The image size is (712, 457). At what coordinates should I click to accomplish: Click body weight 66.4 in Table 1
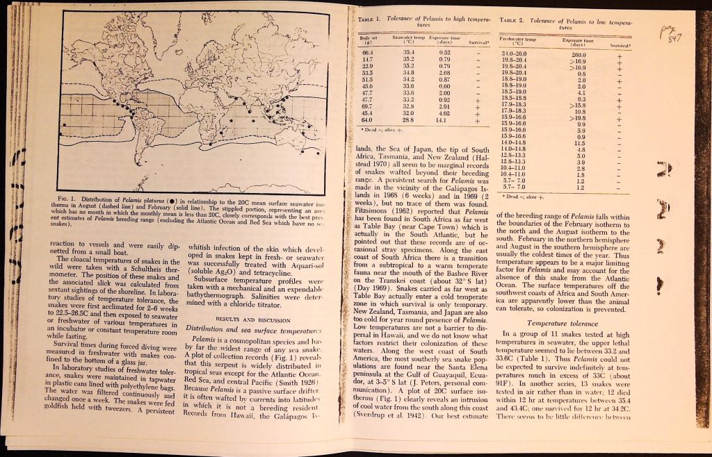click(368, 52)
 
